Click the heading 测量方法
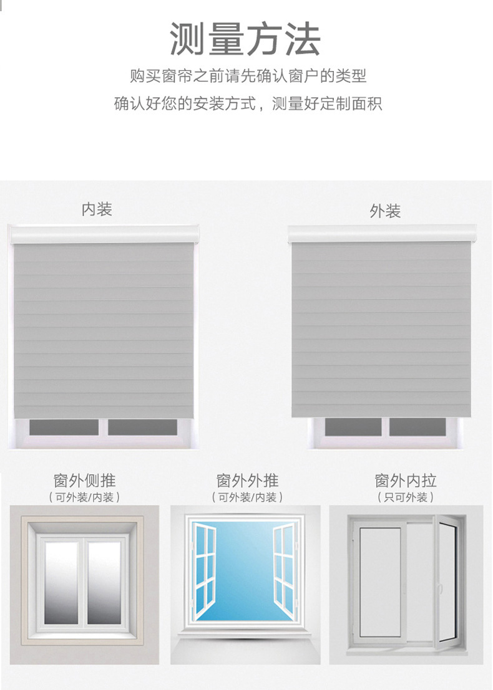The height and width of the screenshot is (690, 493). pyautogui.click(x=245, y=39)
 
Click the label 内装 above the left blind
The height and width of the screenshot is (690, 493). pyautogui.click(x=97, y=209)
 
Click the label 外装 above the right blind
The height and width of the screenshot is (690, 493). pyautogui.click(x=384, y=211)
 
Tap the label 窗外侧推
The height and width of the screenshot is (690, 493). pyautogui.click(x=84, y=481)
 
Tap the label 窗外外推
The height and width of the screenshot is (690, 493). pyautogui.click(x=247, y=481)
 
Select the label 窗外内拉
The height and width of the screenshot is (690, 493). pyautogui.click(x=405, y=481)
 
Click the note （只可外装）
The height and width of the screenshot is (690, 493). pyautogui.click(x=405, y=497)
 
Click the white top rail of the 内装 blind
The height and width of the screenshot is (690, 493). pyautogui.click(x=104, y=235)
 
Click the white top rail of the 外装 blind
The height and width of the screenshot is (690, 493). pyautogui.click(x=384, y=235)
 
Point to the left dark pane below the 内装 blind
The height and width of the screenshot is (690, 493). pyautogui.click(x=64, y=428)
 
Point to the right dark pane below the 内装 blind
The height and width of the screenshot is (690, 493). pyautogui.click(x=142, y=428)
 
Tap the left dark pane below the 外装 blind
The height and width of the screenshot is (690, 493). pyautogui.click(x=353, y=427)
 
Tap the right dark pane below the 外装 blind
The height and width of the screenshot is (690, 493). pyautogui.click(x=417, y=427)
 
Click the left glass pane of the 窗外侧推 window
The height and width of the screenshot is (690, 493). pyautogui.click(x=61, y=582)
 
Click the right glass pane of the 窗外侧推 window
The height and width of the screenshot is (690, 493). pyautogui.click(x=104, y=582)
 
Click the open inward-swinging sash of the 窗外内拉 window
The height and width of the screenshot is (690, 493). pyautogui.click(x=446, y=580)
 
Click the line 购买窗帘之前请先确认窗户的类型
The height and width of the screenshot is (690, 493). pyautogui.click(x=248, y=76)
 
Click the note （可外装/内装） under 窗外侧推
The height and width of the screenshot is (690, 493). pyautogui.click(x=84, y=497)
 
